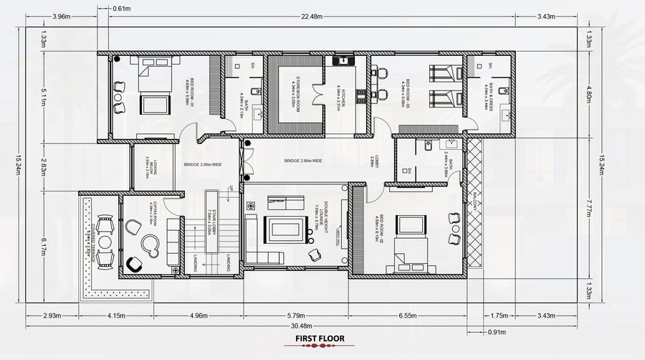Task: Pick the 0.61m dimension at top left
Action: tap(122, 8)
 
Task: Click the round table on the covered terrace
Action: tap(105, 242)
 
